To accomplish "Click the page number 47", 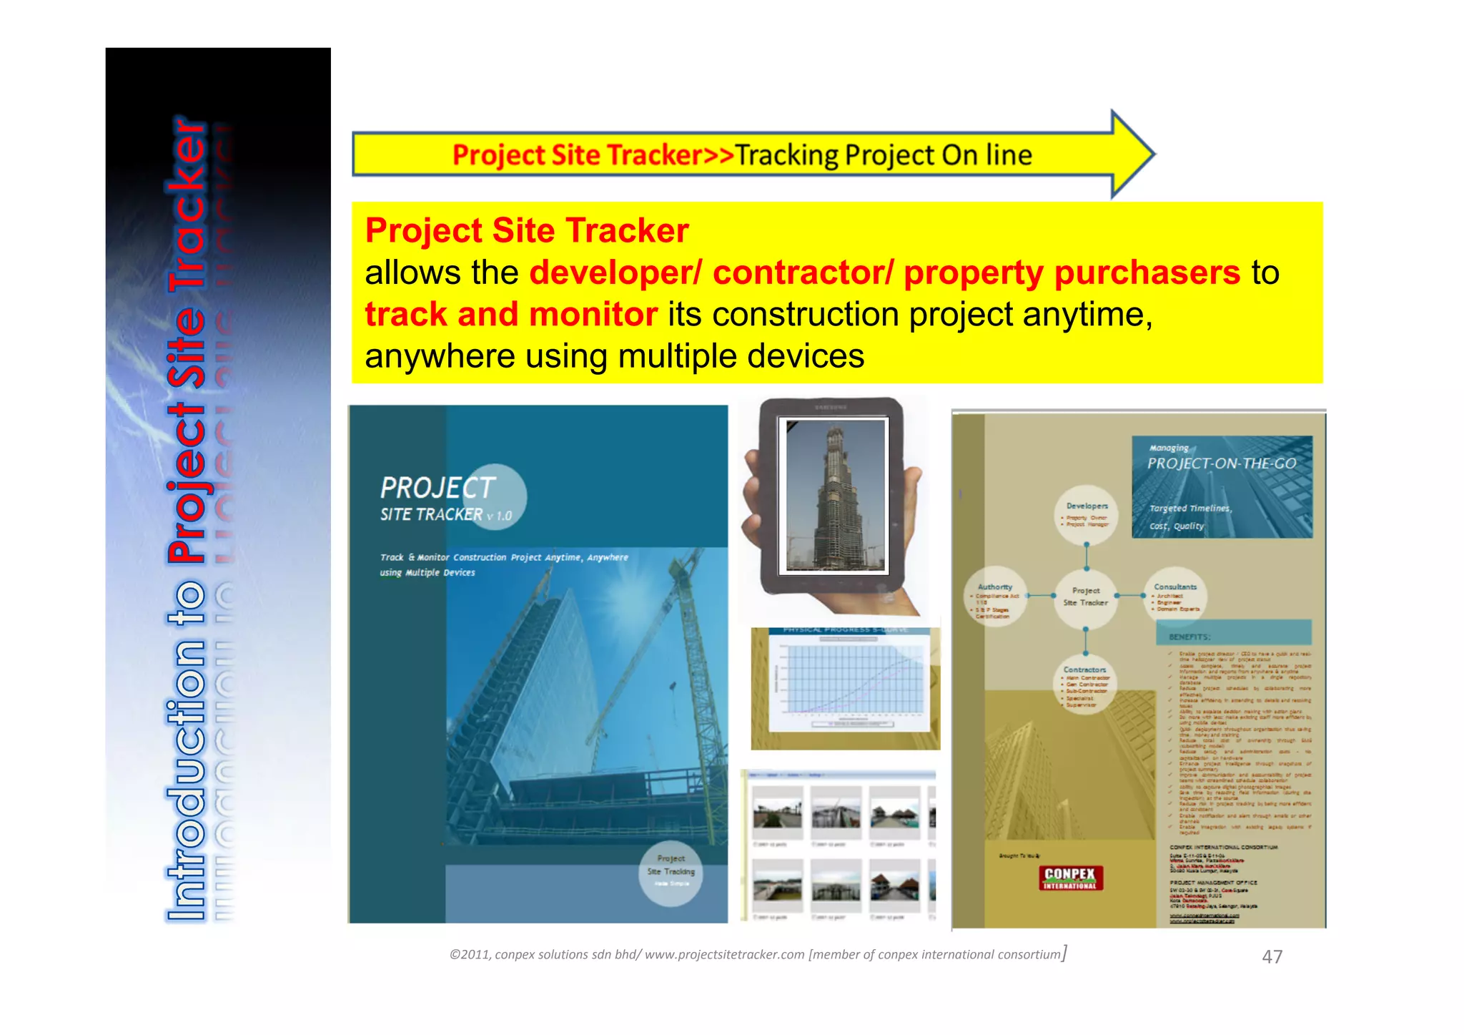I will (1272, 956).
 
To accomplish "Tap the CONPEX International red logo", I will (1070, 878).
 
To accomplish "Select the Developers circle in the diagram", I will (1087, 514).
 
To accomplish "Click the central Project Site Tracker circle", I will (1086, 597).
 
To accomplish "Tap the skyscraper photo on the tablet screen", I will (835, 495).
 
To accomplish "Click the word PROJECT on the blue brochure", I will (437, 488).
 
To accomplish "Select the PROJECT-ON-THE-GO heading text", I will (1222, 463).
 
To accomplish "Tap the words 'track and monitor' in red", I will (511, 315).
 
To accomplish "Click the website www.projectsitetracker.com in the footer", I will (724, 955).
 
